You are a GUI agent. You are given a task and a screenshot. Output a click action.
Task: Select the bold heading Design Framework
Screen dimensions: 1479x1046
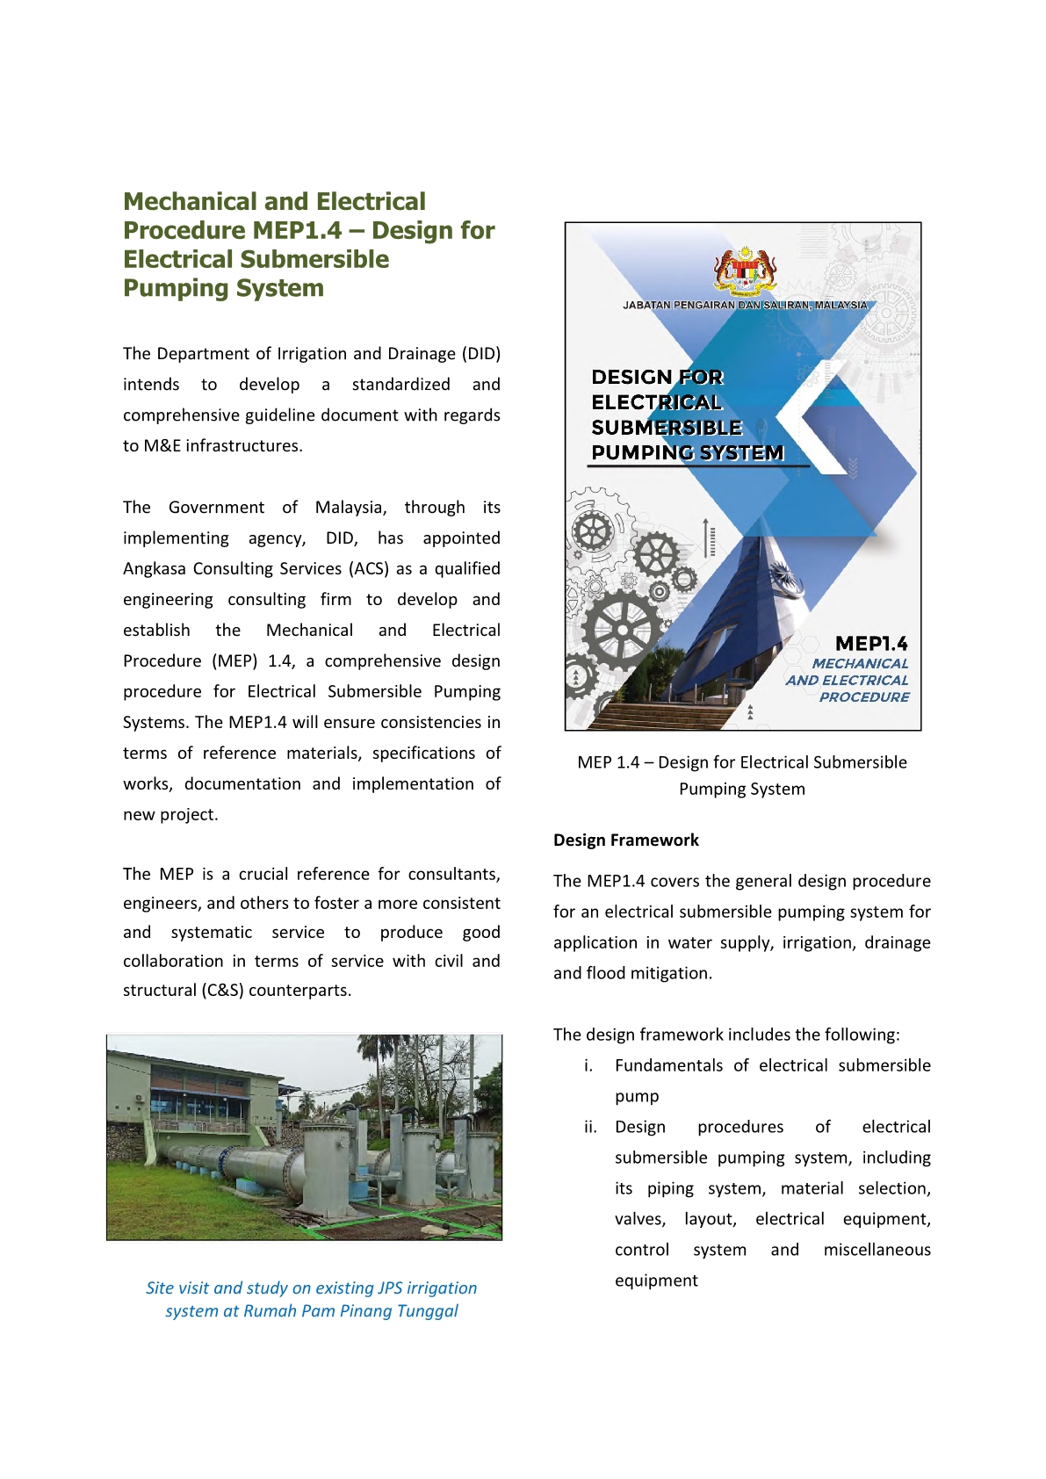[625, 841]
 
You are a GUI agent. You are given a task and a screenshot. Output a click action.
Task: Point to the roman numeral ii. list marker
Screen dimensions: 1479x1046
[590, 1127]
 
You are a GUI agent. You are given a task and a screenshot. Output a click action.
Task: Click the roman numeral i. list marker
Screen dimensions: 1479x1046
[588, 1065]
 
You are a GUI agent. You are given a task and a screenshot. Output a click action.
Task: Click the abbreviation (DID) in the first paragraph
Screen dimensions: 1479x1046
[481, 354]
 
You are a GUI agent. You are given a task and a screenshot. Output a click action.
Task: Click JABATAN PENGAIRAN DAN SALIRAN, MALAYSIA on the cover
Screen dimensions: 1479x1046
[745, 306]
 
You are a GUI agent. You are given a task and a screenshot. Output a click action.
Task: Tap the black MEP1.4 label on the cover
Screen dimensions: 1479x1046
[870, 644]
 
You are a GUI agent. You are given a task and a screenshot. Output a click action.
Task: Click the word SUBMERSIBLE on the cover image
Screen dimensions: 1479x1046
[667, 428]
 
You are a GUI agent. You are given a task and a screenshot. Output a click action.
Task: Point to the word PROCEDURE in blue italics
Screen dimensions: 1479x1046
[864, 697]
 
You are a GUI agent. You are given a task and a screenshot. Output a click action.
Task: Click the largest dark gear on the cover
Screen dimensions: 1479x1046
[622, 629]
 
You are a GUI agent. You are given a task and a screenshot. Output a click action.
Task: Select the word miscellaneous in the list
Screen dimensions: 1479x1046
[876, 1250]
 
